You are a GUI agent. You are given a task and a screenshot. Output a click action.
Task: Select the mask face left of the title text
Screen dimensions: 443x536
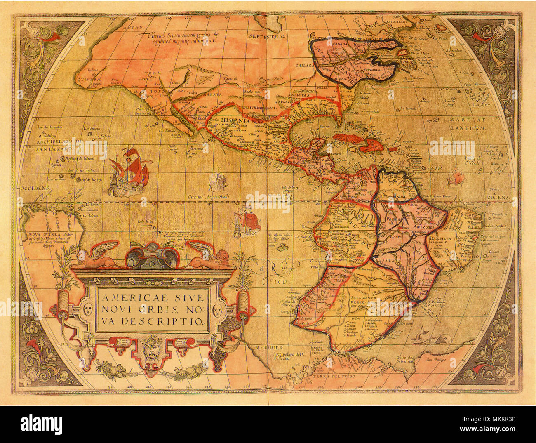(87, 309)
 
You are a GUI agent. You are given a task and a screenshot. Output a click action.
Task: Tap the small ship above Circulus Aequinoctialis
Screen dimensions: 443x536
(218, 181)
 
